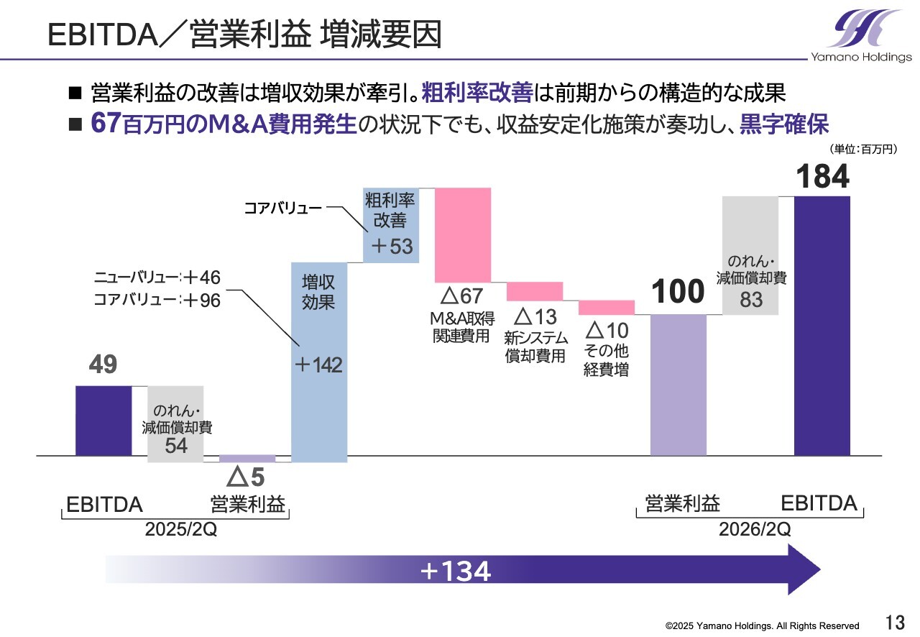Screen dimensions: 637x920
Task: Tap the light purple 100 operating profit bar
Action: click(678, 385)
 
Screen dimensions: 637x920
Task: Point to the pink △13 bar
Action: click(534, 291)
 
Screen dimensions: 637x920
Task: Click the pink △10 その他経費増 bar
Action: click(606, 308)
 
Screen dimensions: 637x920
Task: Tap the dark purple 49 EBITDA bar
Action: click(103, 421)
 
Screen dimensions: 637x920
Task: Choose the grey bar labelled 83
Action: click(750, 255)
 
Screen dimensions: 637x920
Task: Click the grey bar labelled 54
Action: click(175, 424)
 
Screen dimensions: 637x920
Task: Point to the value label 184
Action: click(822, 177)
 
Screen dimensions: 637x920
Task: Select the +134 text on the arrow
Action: click(455, 572)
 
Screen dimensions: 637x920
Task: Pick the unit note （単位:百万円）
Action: click(863, 149)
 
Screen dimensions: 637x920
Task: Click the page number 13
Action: click(895, 622)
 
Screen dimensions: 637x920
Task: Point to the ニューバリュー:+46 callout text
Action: click(157, 278)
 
